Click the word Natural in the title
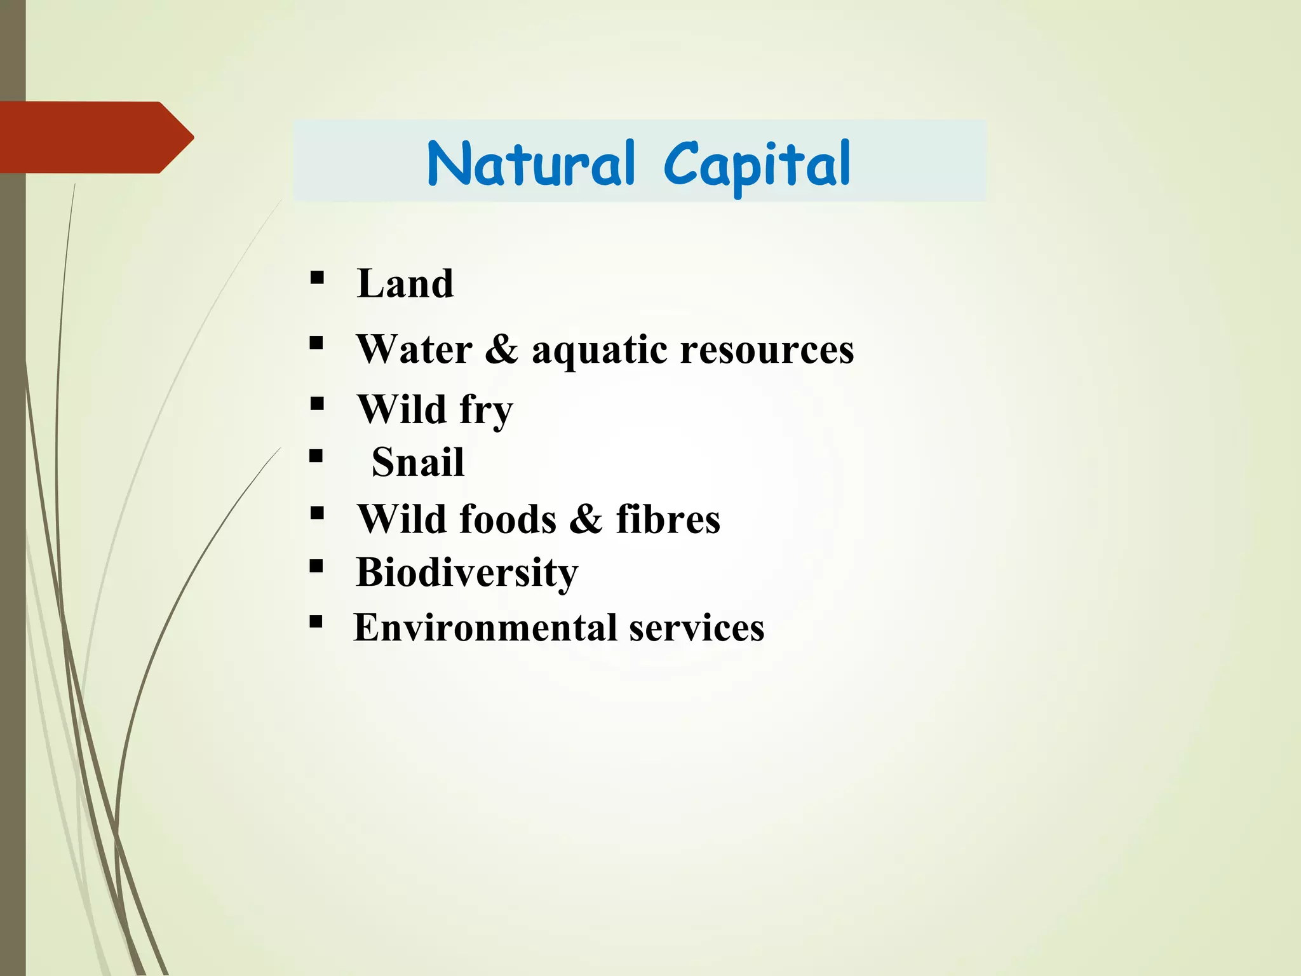click(x=530, y=164)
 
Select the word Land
click(x=405, y=283)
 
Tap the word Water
click(x=415, y=349)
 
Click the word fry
click(x=486, y=410)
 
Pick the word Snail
click(x=418, y=462)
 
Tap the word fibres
click(x=668, y=519)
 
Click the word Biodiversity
click(x=467, y=573)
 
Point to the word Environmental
click(x=485, y=628)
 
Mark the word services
click(x=697, y=628)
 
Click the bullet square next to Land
click(x=317, y=278)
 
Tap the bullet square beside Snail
click(x=317, y=456)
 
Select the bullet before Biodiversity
click(x=317, y=566)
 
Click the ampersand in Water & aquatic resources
click(x=501, y=349)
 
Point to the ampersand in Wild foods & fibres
click(x=585, y=519)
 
